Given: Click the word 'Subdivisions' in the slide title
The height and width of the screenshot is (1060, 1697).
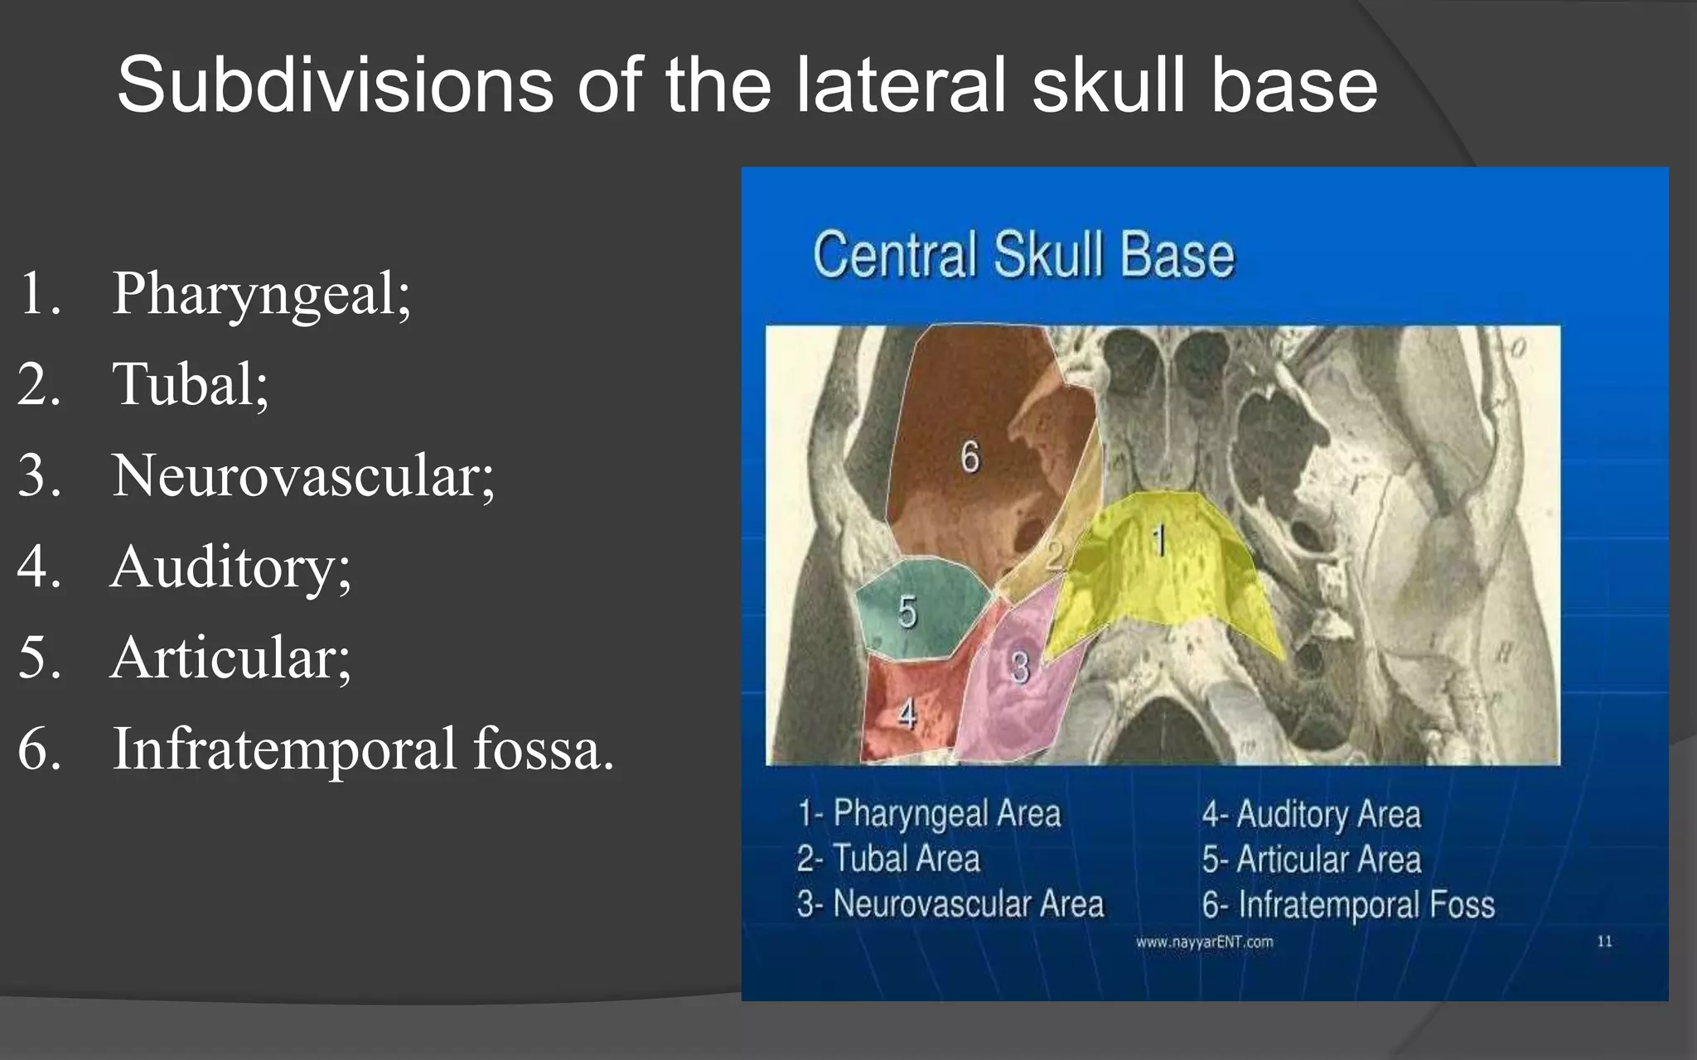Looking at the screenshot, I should (335, 85).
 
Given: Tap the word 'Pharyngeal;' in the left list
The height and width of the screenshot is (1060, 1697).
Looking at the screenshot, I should (261, 294).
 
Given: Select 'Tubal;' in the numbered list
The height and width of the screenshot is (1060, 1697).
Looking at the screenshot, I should (190, 385).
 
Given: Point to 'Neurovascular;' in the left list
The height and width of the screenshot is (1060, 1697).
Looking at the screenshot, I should (303, 476).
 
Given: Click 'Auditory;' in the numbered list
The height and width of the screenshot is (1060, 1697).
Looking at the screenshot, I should (230, 567).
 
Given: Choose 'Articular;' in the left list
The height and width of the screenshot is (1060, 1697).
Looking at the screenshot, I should (230, 658).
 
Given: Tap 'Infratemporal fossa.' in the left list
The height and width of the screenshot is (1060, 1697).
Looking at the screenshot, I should (363, 749).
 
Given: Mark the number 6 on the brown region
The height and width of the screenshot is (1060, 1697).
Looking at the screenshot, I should (969, 457).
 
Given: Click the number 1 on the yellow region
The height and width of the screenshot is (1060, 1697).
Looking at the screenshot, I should (1160, 541).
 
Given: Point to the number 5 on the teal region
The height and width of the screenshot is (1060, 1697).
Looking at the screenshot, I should (907, 611).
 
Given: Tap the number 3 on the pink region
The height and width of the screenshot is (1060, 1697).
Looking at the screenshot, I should (1019, 667).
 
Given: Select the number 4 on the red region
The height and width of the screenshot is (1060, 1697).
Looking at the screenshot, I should (907, 714).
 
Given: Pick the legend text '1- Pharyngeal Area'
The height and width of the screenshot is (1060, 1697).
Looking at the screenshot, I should (929, 813).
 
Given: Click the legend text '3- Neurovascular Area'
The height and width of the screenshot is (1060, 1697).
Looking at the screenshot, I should (950, 904).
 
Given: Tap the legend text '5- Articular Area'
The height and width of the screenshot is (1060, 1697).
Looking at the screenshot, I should (1312, 860).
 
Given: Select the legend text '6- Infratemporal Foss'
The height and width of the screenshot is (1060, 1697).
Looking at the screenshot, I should (1348, 905).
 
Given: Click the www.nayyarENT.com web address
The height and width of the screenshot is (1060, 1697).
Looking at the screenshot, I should (1204, 942).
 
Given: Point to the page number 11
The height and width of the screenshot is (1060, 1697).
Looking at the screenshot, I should (1604, 942).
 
